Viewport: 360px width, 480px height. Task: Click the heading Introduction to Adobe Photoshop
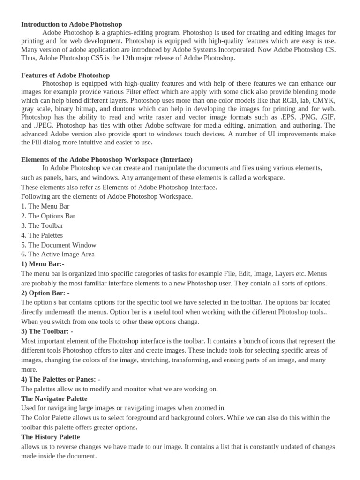(x=72, y=24)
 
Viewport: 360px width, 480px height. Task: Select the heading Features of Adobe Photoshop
(x=66, y=75)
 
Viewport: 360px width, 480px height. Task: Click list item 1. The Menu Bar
(x=45, y=206)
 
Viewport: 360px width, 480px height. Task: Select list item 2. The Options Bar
(x=48, y=216)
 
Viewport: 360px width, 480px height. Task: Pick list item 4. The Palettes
(x=42, y=235)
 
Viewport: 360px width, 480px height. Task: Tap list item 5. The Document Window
(x=59, y=245)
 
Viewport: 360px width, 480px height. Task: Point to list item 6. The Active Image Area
(x=58, y=255)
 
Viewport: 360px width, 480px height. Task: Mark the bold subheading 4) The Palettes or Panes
(x=61, y=379)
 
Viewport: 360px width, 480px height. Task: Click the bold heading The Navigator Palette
(x=54, y=398)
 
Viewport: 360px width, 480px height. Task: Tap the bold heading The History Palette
(x=51, y=437)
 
